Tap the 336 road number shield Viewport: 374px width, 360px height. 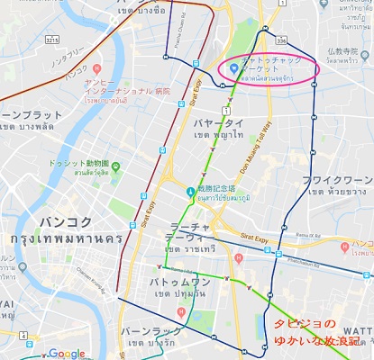tap(282, 40)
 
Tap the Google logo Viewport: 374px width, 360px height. tap(68, 353)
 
